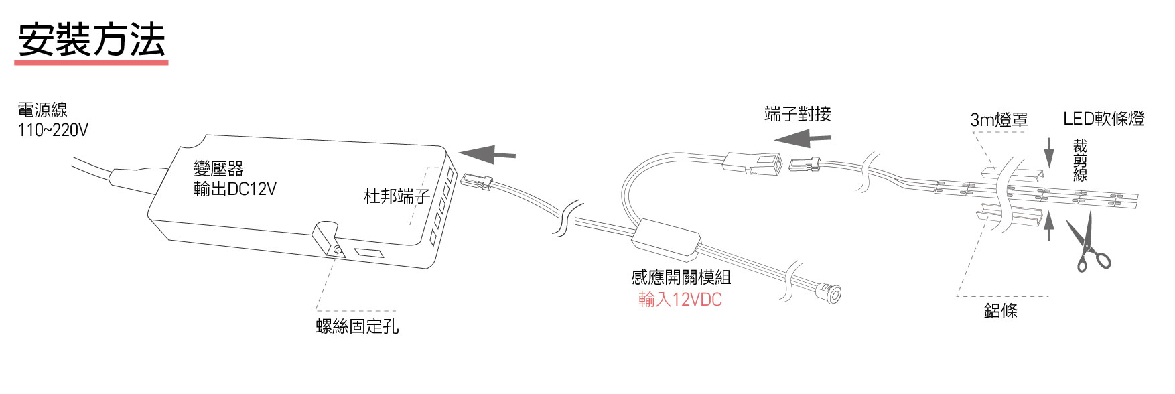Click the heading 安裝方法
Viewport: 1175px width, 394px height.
pyautogui.click(x=91, y=40)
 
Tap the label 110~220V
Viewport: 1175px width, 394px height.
pyautogui.click(x=53, y=130)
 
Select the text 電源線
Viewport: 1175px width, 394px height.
pyautogui.click(x=43, y=110)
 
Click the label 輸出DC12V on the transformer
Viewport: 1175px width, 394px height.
pyautogui.click(x=234, y=190)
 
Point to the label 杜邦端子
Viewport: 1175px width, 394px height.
pyautogui.click(x=396, y=196)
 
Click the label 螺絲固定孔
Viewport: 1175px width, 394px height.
pyautogui.click(x=357, y=326)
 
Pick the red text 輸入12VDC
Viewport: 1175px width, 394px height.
pyautogui.click(x=680, y=300)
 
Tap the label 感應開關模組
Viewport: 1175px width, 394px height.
pyautogui.click(x=681, y=277)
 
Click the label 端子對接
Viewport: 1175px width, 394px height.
pyautogui.click(x=797, y=114)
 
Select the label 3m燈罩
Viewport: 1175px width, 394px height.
pyautogui.click(x=999, y=120)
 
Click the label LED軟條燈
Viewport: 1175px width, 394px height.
pyautogui.click(x=1103, y=119)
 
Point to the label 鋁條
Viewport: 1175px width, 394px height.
pyautogui.click(x=1000, y=310)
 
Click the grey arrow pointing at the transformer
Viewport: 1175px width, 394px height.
pyautogui.click(x=487, y=155)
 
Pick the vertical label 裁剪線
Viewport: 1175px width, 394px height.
pyautogui.click(x=1080, y=161)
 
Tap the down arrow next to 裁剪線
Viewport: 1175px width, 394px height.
pyautogui.click(x=1049, y=153)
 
